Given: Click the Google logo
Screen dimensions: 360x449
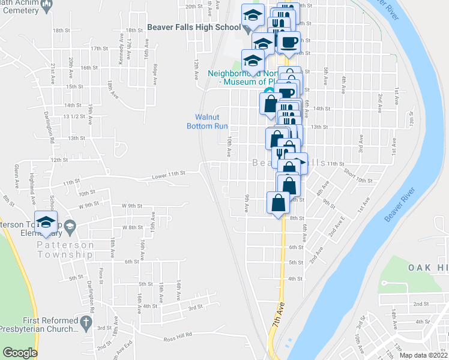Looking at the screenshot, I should coord(20,353).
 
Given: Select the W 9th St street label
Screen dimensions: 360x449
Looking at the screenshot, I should coord(88,205).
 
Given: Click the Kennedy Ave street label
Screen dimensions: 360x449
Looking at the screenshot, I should coord(121,52).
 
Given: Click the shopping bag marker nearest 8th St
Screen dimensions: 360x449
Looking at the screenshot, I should coord(280,203).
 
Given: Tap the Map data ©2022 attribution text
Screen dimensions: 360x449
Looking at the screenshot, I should coord(424,355).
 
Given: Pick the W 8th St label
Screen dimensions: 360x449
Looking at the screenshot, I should coord(131,227).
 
